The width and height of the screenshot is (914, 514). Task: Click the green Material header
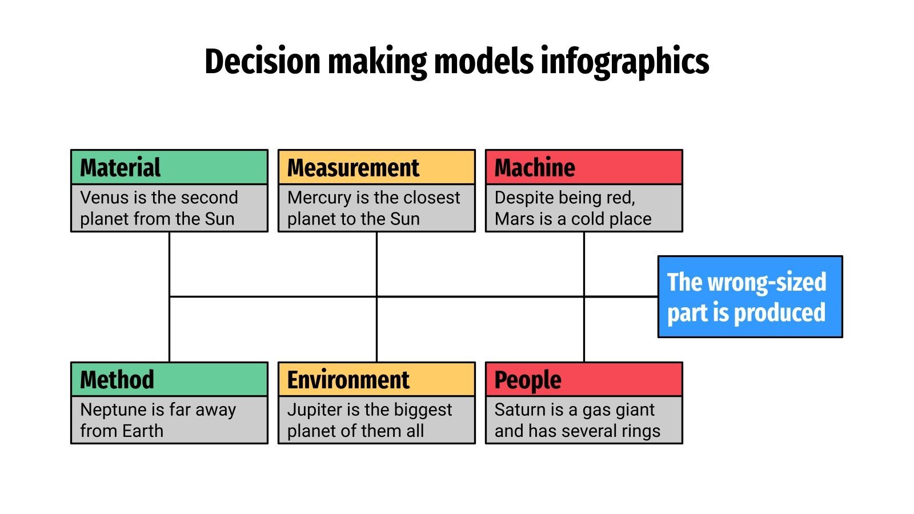point(169,167)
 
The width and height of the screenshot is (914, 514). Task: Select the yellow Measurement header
point(376,167)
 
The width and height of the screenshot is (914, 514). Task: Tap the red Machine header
point(584,167)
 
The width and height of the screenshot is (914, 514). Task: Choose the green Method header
point(169,379)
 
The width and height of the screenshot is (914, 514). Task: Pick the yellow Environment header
point(376,379)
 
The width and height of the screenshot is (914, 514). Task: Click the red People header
point(584,379)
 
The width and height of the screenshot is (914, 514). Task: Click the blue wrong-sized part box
point(750,297)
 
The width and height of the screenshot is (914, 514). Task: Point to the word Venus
point(104,198)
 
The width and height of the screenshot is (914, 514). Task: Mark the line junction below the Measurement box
point(376,296)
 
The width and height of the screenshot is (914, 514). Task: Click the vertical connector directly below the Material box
point(169,263)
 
